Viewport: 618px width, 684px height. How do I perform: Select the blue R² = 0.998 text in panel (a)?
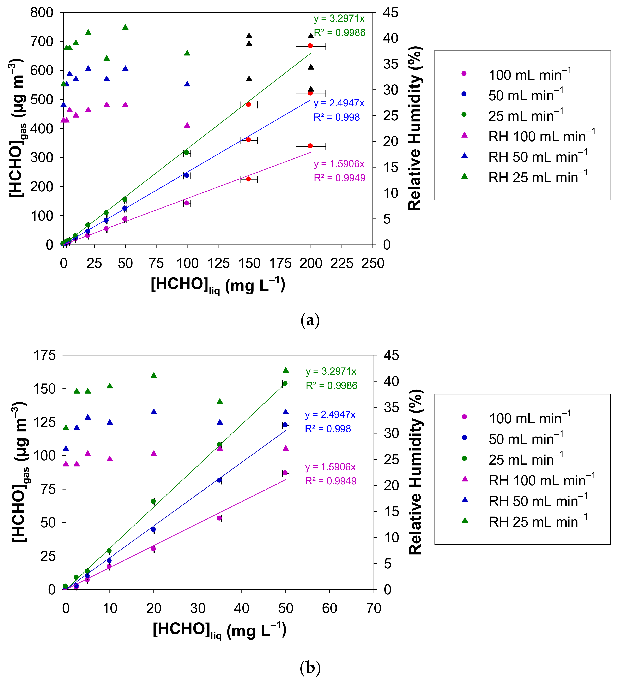pos(337,117)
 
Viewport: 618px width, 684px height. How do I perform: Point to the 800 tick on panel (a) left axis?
pos(42,13)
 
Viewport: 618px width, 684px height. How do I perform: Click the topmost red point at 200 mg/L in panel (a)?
pos(310,46)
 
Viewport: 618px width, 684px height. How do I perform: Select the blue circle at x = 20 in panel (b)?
pos(153,529)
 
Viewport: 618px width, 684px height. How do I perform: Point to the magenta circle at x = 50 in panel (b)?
pos(285,473)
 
